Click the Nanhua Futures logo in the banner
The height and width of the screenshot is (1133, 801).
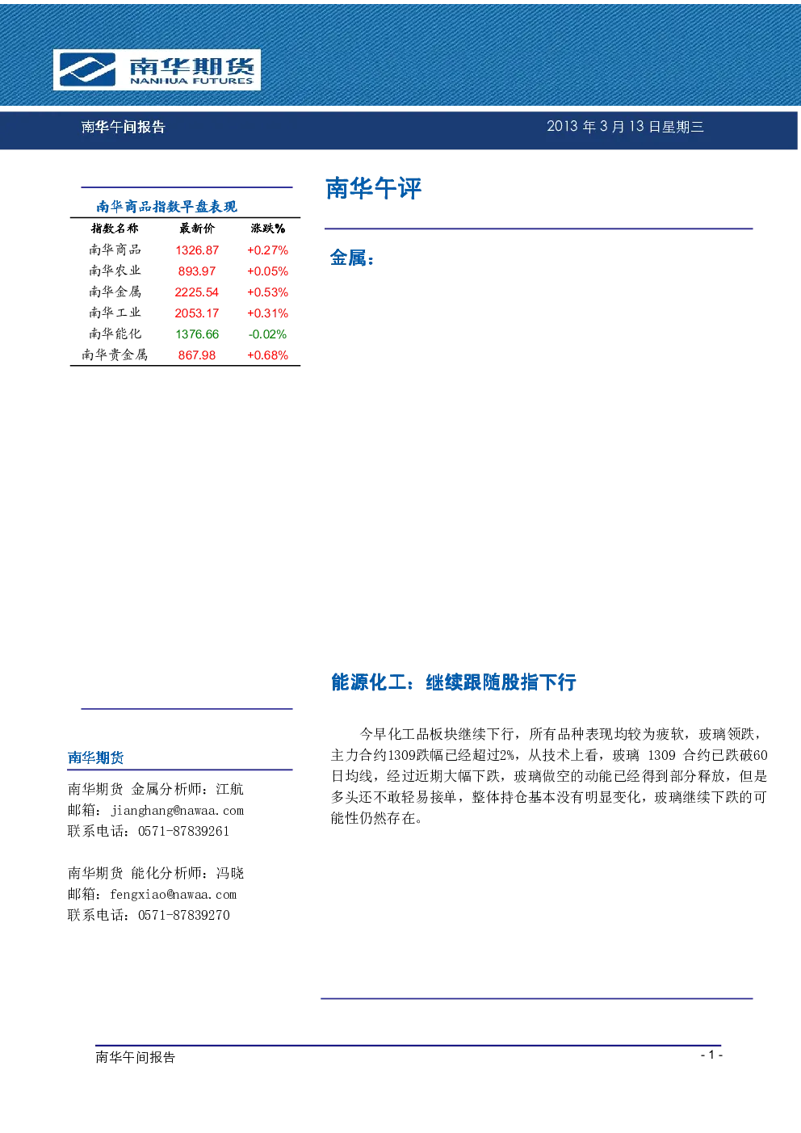click(x=157, y=69)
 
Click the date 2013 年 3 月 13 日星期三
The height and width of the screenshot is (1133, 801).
click(x=625, y=127)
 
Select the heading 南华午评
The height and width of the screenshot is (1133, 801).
click(x=373, y=188)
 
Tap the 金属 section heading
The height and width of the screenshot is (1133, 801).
click(x=352, y=258)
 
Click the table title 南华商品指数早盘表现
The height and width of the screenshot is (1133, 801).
click(x=167, y=207)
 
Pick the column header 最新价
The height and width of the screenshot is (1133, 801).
click(x=197, y=229)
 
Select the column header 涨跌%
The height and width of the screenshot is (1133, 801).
click(x=268, y=229)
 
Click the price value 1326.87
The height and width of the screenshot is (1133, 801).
click(x=197, y=250)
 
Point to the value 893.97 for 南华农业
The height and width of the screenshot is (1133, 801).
click(x=197, y=271)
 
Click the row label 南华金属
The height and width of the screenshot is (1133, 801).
click(x=115, y=292)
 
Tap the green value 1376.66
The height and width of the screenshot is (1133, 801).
click(x=197, y=334)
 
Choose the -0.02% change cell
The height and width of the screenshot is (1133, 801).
click(x=267, y=334)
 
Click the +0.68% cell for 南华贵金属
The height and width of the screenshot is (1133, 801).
click(x=267, y=355)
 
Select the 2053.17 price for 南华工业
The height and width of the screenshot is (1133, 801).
click(x=197, y=313)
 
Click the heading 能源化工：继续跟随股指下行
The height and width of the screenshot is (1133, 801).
click(x=454, y=682)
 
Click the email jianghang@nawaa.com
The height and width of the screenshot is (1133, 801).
click(x=178, y=810)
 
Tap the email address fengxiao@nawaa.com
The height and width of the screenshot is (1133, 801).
click(x=174, y=894)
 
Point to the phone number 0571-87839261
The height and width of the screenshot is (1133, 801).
click(x=183, y=831)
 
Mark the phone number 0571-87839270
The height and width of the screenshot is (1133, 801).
click(x=183, y=915)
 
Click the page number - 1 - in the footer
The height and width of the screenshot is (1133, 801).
click(x=711, y=1055)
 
